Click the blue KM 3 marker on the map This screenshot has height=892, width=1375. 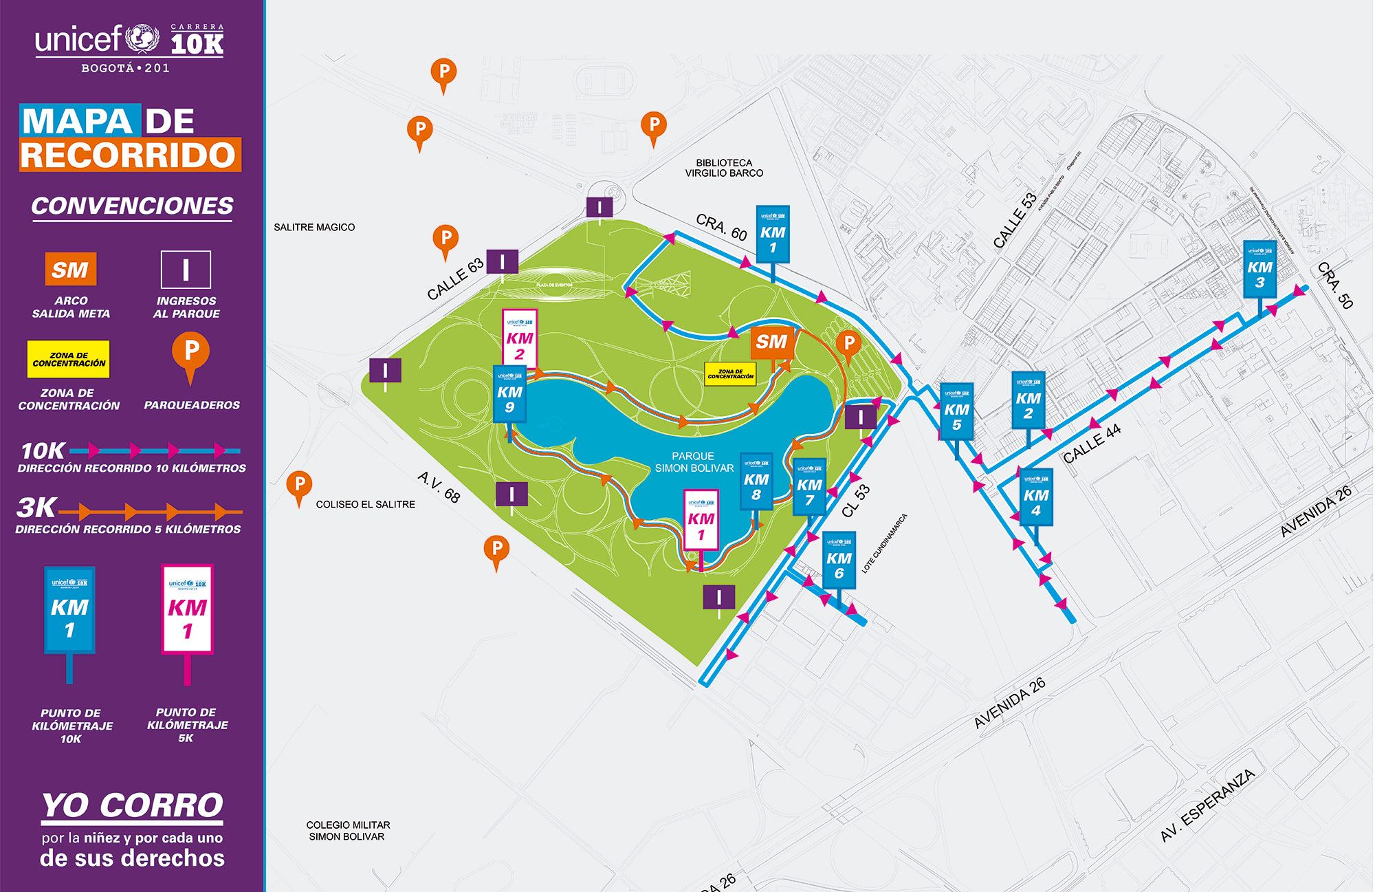(x=1259, y=269)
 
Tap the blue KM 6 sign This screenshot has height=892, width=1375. (x=839, y=560)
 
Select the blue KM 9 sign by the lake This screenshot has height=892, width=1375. (x=509, y=394)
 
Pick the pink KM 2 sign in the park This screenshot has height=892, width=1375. (x=520, y=338)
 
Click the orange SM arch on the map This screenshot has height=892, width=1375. (x=771, y=342)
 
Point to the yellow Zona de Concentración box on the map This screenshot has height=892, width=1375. (x=730, y=373)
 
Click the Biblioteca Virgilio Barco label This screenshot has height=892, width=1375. (x=724, y=168)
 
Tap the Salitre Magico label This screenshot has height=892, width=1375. (x=314, y=227)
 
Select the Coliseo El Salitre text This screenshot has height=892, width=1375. (x=365, y=504)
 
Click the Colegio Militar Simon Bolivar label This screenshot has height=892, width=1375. (x=347, y=830)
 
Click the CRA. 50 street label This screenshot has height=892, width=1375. (x=1335, y=285)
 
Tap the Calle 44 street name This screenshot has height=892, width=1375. (x=1092, y=444)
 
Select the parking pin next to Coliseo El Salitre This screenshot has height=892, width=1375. (x=298, y=485)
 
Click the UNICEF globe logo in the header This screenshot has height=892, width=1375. (x=143, y=39)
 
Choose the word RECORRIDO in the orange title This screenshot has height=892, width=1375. (x=129, y=155)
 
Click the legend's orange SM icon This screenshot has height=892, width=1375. (x=70, y=269)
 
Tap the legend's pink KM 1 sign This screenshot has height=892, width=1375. (x=187, y=609)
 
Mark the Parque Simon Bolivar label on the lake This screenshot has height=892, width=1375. (x=694, y=461)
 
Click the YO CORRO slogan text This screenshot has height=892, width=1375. (x=133, y=805)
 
